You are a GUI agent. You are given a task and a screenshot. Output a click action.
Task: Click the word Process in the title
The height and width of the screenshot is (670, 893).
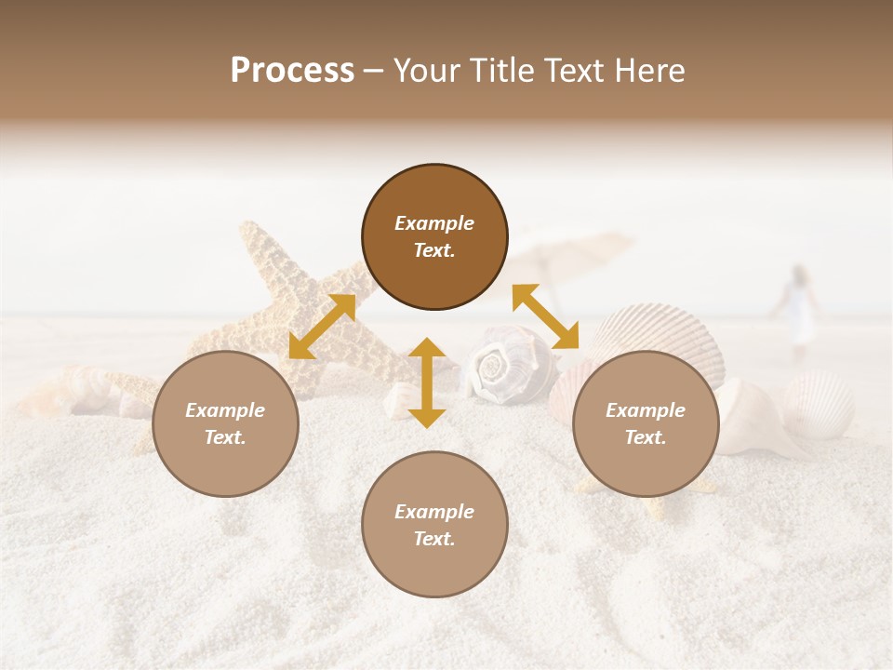coord(292,71)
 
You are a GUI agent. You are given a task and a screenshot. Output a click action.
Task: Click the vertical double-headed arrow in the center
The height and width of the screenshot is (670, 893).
coord(427,382)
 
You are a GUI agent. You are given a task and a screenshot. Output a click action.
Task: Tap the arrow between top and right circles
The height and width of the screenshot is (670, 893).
coord(546,316)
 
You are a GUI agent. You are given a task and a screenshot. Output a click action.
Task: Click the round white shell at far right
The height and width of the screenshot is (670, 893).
coord(819,402)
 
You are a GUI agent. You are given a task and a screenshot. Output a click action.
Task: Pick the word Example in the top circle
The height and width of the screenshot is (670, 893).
coord(434,223)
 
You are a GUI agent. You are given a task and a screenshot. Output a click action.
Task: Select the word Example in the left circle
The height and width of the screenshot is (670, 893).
coord(225,410)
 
